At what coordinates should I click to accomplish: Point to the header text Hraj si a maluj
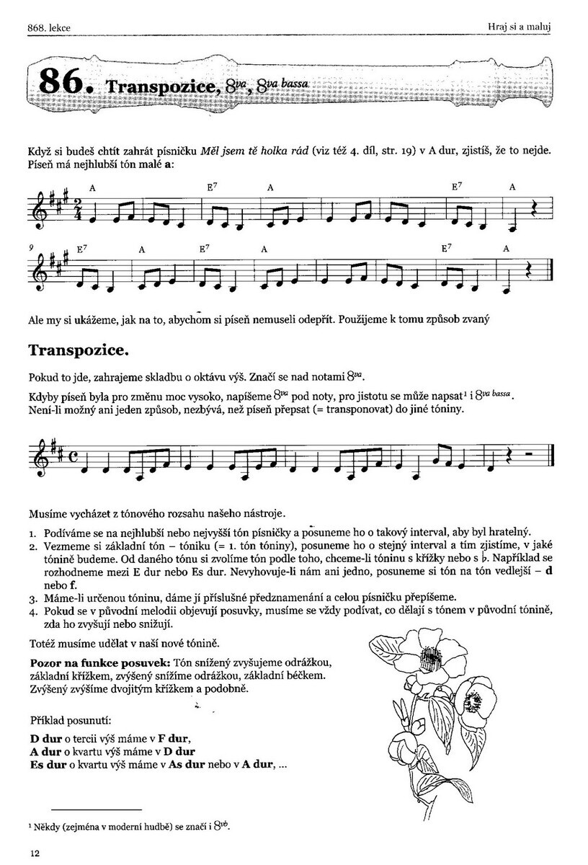point(524,27)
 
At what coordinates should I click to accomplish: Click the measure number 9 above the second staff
point(32,247)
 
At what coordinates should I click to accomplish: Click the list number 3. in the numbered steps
point(33,598)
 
